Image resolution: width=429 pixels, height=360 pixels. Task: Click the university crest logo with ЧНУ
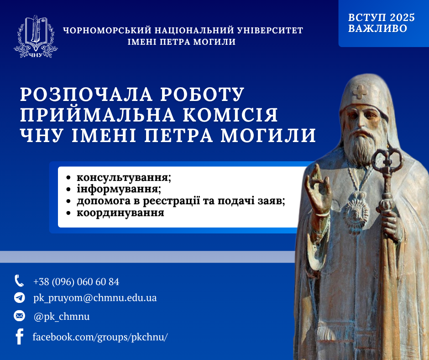36,37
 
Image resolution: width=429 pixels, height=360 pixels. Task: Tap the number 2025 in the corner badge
402,17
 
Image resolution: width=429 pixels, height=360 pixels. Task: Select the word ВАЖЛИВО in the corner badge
377,28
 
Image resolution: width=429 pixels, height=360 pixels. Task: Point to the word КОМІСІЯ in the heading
230,115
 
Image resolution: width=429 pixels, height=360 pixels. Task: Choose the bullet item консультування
124,177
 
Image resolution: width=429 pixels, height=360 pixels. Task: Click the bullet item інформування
119,189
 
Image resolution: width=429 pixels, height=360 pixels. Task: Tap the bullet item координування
120,212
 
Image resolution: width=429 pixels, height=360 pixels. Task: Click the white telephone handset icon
19,281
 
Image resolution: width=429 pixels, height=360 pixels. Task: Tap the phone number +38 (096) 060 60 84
76,282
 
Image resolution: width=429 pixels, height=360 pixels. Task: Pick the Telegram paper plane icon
20,297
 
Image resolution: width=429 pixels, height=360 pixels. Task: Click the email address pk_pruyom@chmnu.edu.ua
95,298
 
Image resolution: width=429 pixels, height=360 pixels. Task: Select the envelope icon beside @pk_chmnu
20,316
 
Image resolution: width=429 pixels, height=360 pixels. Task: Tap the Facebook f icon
20,336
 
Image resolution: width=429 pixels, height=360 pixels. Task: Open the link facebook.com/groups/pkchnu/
100,337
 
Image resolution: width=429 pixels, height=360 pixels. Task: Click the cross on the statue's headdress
360,92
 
